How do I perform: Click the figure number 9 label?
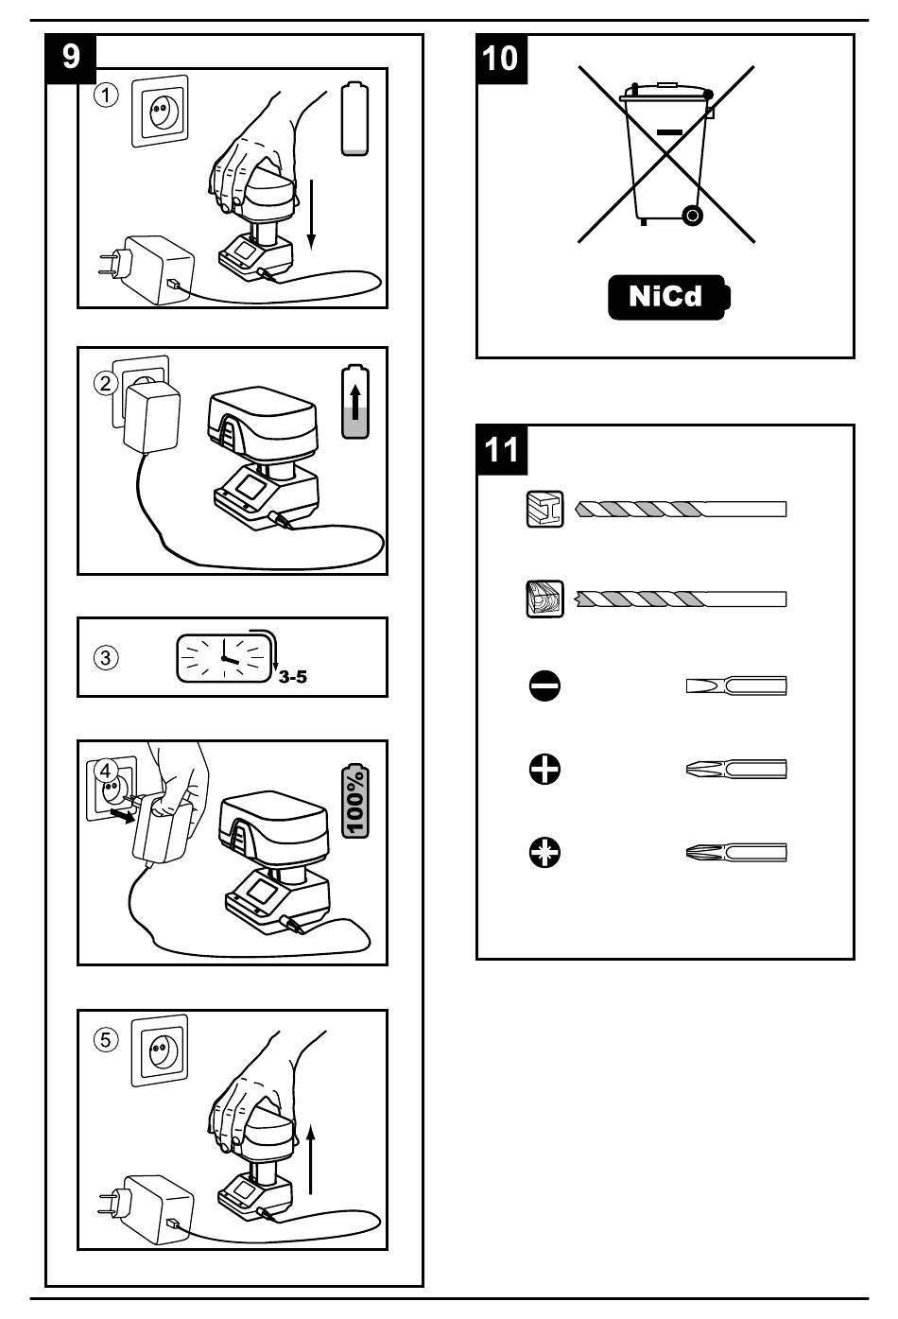click(x=71, y=56)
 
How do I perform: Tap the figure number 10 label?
click(x=500, y=57)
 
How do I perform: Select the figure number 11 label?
click(x=501, y=447)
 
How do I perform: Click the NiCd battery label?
click(x=667, y=297)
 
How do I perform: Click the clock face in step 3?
click(x=224, y=657)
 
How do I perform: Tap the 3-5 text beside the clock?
click(x=292, y=677)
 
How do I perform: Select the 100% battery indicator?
click(x=355, y=802)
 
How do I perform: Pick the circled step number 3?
click(x=108, y=657)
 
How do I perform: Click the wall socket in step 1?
click(x=159, y=112)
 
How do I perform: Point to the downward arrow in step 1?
click(x=312, y=216)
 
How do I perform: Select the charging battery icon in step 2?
click(x=355, y=403)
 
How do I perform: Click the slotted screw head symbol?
click(x=544, y=686)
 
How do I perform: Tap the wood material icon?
click(x=544, y=599)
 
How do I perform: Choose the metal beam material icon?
click(x=544, y=510)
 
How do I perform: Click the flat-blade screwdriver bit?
click(x=735, y=686)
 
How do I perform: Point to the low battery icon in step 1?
click(x=354, y=119)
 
